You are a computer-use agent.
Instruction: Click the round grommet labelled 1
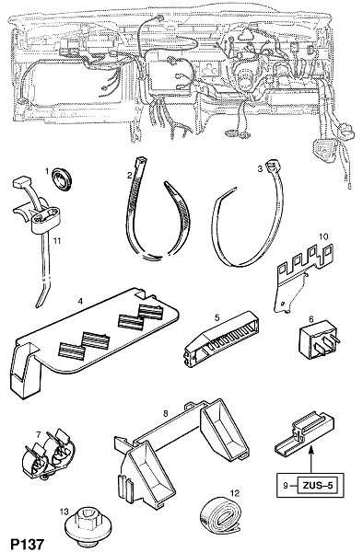[x=61, y=176]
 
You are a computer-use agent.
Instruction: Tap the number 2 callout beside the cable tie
[x=129, y=175]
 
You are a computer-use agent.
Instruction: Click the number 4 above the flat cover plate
[x=80, y=301]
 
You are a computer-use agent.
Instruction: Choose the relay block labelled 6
[x=319, y=339]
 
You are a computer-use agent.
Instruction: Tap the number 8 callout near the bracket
[x=166, y=414]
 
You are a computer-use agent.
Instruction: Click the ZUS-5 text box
[x=317, y=486]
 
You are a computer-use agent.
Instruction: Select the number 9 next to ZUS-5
[x=286, y=486]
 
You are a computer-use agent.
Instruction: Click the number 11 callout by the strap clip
[x=57, y=240]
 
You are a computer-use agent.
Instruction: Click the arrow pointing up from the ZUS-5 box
[x=311, y=458]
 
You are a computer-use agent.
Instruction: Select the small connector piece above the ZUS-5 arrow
[x=304, y=431]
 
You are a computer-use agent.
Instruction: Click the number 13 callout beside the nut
[x=64, y=511]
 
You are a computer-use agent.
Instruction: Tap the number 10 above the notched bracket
[x=323, y=236]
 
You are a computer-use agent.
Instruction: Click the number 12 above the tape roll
[x=234, y=493]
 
